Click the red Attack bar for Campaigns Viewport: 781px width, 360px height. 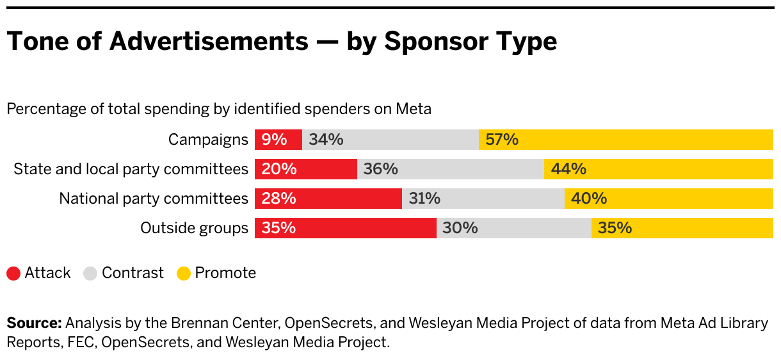(x=278, y=140)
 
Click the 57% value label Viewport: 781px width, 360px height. (x=502, y=140)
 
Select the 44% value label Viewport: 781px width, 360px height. (x=570, y=169)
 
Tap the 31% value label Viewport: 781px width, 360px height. (x=424, y=199)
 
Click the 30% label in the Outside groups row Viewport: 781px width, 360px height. (x=460, y=228)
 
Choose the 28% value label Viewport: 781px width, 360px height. (x=279, y=199)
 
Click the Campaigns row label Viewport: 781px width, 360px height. (x=208, y=140)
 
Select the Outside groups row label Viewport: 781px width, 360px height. (x=194, y=228)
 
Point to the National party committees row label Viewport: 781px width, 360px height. (x=154, y=199)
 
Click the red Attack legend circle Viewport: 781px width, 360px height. (x=14, y=274)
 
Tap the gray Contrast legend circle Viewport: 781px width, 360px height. (x=91, y=274)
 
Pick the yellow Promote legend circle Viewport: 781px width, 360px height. (x=184, y=274)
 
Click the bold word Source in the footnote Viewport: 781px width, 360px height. (x=34, y=323)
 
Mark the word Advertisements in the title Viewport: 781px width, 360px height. (x=209, y=42)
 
